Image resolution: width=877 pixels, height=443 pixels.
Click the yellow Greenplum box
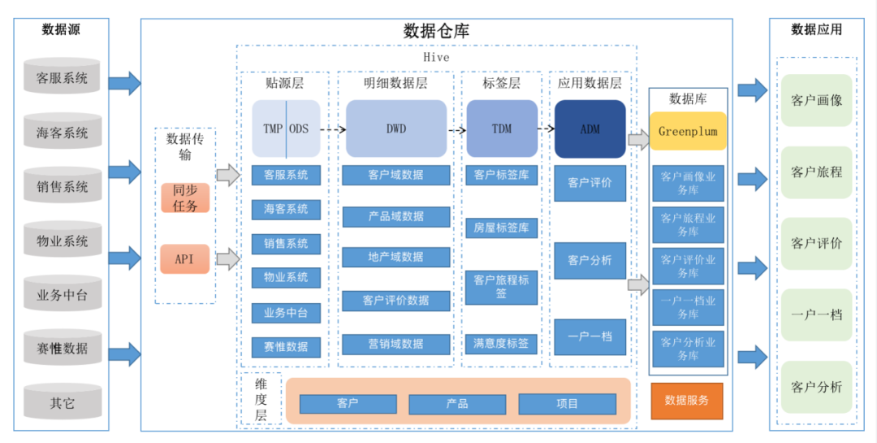pos(688,131)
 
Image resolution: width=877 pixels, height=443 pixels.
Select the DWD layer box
pos(396,128)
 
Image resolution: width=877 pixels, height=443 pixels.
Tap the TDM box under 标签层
pos(502,128)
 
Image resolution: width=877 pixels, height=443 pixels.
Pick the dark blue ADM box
pos(590,128)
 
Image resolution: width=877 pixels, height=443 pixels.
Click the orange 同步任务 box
pos(185,198)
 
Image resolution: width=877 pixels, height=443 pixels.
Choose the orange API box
pos(185,259)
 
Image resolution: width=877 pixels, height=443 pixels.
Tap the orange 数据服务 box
pos(686,400)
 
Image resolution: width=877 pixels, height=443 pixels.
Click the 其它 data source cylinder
pos(62,402)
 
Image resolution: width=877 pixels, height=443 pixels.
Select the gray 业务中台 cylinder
pos(62,294)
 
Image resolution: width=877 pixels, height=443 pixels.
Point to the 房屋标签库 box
pos(502,228)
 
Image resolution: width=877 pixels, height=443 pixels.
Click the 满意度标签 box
pos(502,344)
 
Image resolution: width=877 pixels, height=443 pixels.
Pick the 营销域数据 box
pos(396,344)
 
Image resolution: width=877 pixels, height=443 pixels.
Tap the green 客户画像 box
pos(817,101)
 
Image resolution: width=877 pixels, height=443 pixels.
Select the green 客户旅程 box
pos(817,172)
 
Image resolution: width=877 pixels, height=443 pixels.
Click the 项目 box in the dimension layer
pos(568,404)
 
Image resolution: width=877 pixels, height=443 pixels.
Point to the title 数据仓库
pos(436,31)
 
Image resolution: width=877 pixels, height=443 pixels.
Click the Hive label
pos(436,58)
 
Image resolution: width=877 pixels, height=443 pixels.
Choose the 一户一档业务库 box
pos(688,307)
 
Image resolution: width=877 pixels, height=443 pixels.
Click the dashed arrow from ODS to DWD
pos(328,129)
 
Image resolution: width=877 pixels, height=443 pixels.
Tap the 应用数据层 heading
pos(590,83)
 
